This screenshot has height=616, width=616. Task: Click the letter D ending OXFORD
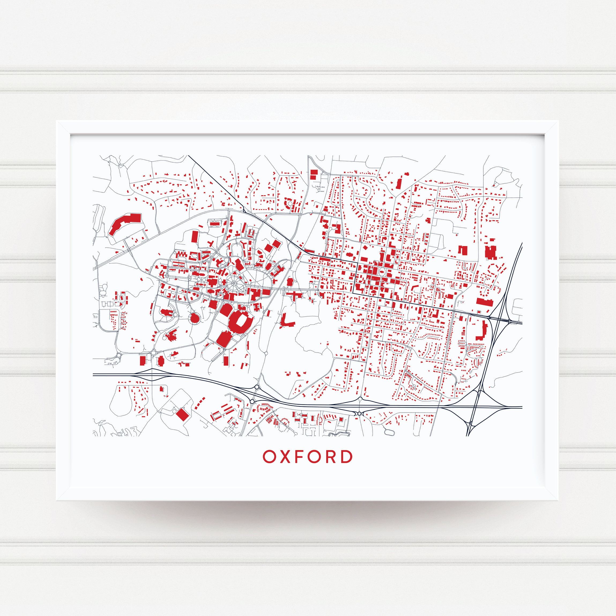[x=347, y=457]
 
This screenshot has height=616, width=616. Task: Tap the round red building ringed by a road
[x=195, y=318]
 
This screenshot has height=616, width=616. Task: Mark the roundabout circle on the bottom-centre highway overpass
[x=359, y=414]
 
